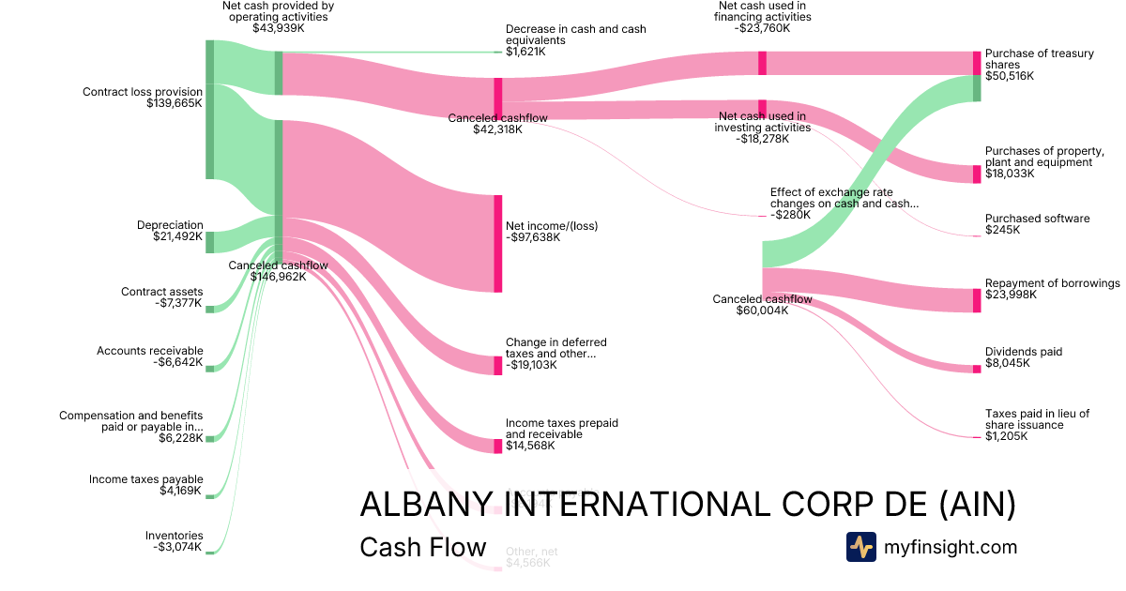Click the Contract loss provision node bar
[x=210, y=109]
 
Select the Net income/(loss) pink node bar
[x=498, y=243]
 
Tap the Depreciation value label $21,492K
[x=178, y=237]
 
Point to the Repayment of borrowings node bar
[x=977, y=300]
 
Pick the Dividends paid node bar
[x=977, y=369]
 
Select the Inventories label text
[x=174, y=536]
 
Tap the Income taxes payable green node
[x=210, y=496]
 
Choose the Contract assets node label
[x=161, y=292]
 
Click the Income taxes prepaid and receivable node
[x=498, y=446]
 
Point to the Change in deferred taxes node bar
[x=498, y=365]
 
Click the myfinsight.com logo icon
[x=860, y=547]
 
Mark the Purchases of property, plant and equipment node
[x=977, y=174]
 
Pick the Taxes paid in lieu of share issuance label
[x=1037, y=419]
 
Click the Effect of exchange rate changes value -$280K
[x=789, y=215]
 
